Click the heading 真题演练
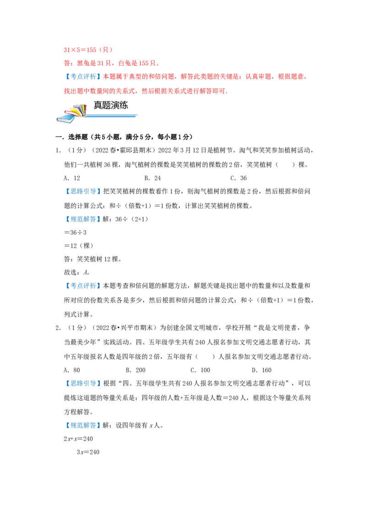pos(111,105)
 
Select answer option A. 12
pos(72,178)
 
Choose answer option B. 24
pos(153,178)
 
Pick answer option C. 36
pos(238,178)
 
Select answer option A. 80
pos(72,370)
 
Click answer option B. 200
pos(136,370)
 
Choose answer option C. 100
pos(200,370)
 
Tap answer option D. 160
pos(262,370)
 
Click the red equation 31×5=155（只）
pos(88,50)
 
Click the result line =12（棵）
pos(79,246)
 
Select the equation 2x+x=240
pos(78,439)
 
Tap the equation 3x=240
pos(88,452)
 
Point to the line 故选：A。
pos(77,273)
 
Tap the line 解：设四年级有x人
pos(133,425)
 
